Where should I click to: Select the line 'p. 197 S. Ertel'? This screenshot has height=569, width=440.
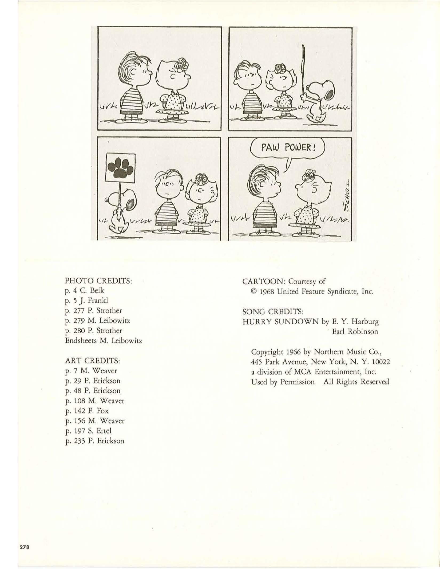coord(88,431)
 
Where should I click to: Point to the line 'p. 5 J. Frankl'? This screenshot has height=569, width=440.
coord(86,301)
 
